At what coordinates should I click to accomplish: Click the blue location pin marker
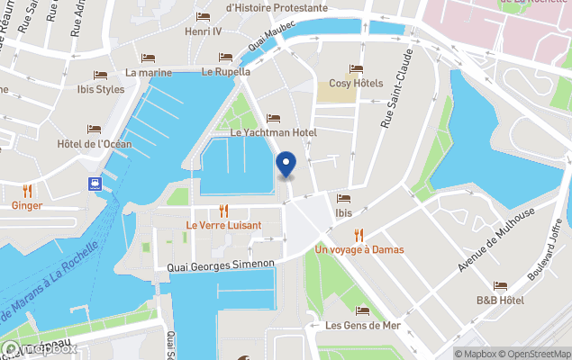point(286,165)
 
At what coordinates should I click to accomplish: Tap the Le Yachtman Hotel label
point(274,132)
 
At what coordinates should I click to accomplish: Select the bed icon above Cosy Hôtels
point(356,69)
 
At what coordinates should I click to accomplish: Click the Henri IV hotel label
point(203,31)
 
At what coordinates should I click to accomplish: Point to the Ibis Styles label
point(101,89)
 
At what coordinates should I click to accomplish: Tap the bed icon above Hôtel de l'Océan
point(94,130)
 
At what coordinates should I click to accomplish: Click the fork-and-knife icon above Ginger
point(27,190)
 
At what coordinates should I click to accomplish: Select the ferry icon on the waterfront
point(94,184)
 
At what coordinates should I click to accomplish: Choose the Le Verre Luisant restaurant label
point(223,224)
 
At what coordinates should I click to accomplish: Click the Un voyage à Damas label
point(359,248)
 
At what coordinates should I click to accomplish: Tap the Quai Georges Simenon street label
point(221,265)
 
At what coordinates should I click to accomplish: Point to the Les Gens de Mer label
point(362,325)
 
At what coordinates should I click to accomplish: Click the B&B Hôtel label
point(500,300)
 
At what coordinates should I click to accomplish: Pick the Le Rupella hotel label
point(226,71)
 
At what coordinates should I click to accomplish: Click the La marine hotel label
point(149,72)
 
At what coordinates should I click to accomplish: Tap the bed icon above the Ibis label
point(343,199)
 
